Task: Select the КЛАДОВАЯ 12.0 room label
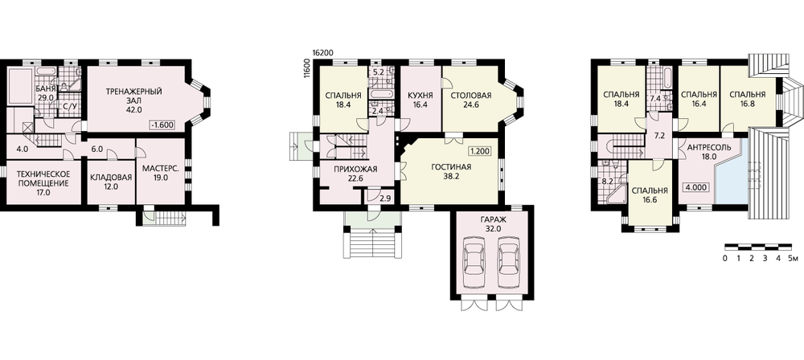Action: [x=111, y=182]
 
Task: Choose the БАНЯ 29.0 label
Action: [x=45, y=93]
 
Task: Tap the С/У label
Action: [x=68, y=107]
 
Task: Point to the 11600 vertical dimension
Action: [x=307, y=68]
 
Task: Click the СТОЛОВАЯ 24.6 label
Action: [x=471, y=100]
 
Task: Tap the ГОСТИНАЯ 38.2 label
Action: [x=451, y=171]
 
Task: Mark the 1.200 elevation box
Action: [x=478, y=151]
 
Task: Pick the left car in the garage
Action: [x=475, y=265]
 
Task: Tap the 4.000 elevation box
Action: [x=695, y=188]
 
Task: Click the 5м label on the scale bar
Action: [x=793, y=258]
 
